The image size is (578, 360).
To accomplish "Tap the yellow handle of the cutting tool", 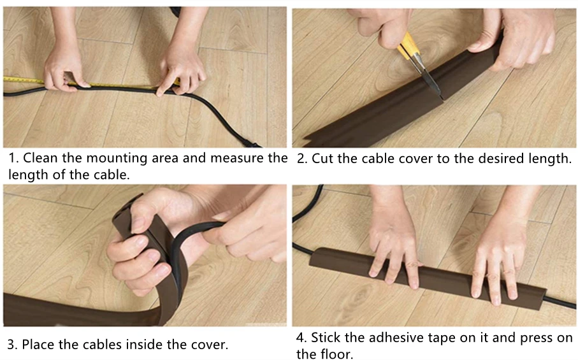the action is point(409,46).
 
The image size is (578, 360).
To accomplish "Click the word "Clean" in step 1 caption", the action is point(41,158).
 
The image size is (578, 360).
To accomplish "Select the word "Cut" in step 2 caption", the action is point(322,159).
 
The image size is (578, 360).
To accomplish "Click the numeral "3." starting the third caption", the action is point(12,345).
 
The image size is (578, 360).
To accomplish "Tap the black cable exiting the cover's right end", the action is point(561,303).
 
